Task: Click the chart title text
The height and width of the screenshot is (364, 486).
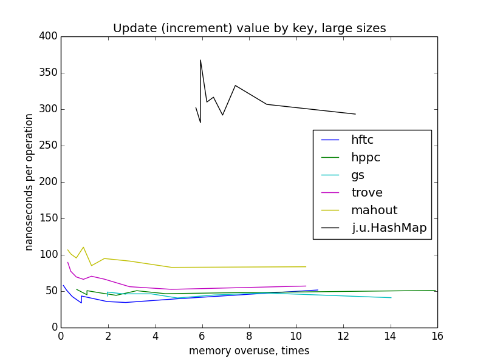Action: coord(249,29)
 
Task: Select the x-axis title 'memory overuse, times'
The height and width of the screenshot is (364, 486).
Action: coord(249,351)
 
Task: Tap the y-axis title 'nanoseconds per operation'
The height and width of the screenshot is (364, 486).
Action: coord(29,182)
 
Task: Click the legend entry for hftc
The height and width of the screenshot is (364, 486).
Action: coord(362,140)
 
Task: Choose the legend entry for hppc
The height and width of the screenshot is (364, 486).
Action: coord(365,157)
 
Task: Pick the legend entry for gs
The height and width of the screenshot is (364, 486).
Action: coord(358,175)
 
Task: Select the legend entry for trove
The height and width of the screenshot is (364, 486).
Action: coord(367,192)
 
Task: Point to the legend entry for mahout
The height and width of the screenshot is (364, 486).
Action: coord(374,210)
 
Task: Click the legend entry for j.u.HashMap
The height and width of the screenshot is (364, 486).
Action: coord(389,227)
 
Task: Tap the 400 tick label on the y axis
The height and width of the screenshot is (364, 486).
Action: coord(49,36)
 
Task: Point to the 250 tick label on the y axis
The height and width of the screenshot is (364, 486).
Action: coord(49,146)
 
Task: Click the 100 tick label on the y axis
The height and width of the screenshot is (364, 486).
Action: coord(49,255)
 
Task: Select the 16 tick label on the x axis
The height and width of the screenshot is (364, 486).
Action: coord(437,335)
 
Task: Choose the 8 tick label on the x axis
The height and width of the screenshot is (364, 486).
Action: coord(249,335)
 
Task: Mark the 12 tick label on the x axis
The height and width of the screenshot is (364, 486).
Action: coord(343,335)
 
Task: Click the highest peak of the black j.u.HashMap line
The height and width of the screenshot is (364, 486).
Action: coord(200,60)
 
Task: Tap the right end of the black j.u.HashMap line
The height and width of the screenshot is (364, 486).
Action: coord(355,114)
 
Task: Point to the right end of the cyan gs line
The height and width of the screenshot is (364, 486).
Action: coord(391,297)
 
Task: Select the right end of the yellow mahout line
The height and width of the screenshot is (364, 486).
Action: coord(306,267)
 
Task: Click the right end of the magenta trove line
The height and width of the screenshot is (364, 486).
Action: coord(306,286)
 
